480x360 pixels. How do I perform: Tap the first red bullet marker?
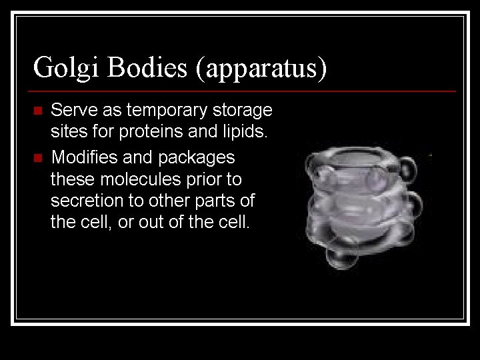click(37, 109)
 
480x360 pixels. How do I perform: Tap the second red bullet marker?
click(37, 158)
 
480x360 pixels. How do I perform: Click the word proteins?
click(151, 132)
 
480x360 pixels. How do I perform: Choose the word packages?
click(197, 159)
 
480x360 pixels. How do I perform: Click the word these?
click(70, 179)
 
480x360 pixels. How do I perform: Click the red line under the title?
click(244, 91)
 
